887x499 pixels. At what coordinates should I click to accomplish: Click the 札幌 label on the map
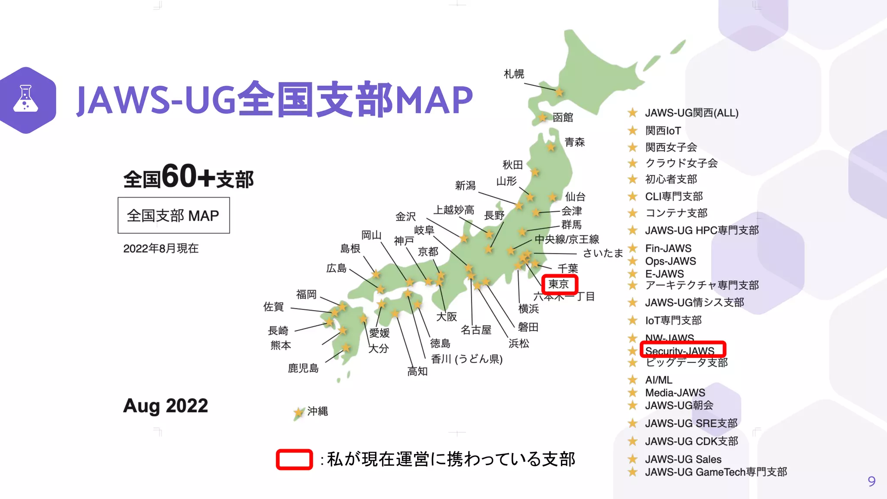pyautogui.click(x=514, y=74)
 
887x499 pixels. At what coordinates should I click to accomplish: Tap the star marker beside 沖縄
pyautogui.click(x=298, y=412)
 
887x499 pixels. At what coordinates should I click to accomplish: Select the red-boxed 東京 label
pyautogui.click(x=559, y=284)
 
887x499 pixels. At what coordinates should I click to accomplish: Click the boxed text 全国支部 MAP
pyautogui.click(x=173, y=215)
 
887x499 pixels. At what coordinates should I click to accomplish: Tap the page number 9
pyautogui.click(x=871, y=481)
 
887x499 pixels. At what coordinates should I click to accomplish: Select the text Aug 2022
pyautogui.click(x=165, y=406)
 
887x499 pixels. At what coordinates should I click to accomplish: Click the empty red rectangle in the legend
pyautogui.click(x=295, y=460)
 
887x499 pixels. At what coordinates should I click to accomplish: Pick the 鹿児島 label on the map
pyautogui.click(x=303, y=368)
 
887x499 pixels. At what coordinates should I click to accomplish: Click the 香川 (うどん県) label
pyautogui.click(x=466, y=359)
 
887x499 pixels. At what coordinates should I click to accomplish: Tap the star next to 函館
pyautogui.click(x=543, y=117)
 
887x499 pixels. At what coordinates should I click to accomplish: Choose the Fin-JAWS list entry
pyautogui.click(x=668, y=248)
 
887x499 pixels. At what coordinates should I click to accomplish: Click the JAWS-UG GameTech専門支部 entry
pyautogui.click(x=716, y=472)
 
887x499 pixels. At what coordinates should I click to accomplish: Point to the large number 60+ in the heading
pyautogui.click(x=188, y=177)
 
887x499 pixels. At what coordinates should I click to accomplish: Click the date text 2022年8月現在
pyautogui.click(x=161, y=248)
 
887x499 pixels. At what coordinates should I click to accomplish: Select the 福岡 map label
pyautogui.click(x=306, y=295)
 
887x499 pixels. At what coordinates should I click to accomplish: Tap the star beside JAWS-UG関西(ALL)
pyautogui.click(x=632, y=113)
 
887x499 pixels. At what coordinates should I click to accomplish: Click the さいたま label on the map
pyautogui.click(x=602, y=253)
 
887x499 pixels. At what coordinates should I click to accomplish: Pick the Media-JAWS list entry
pyautogui.click(x=675, y=392)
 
